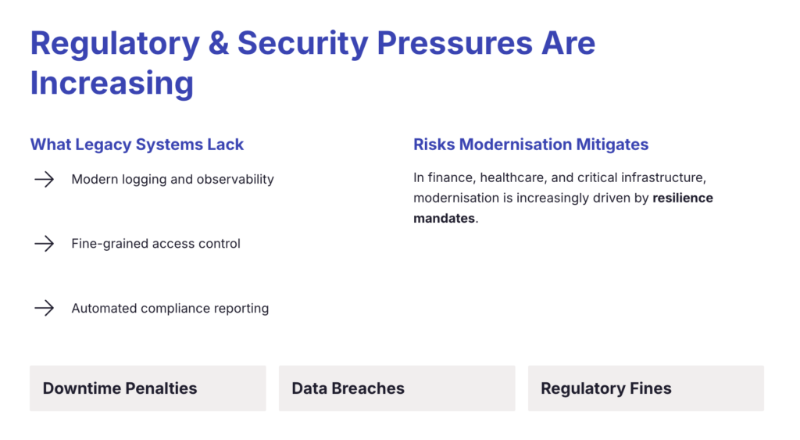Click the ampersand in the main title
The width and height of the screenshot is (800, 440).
(220, 44)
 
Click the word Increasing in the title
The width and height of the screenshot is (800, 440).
(112, 82)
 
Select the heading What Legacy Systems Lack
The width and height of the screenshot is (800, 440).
(137, 145)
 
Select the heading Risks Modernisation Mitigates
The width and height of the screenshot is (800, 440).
(530, 145)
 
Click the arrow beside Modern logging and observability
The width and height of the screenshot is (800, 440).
(44, 180)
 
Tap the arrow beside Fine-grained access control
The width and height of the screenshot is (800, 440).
(44, 244)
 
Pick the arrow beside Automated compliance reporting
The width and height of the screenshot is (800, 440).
(44, 308)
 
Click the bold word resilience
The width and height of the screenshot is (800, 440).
(683, 199)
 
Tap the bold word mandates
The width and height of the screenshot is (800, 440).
(444, 219)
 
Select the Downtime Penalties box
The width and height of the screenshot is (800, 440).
(148, 388)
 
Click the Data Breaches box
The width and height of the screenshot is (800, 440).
(397, 388)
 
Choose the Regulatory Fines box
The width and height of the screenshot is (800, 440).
(645, 388)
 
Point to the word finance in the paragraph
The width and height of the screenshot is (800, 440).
(448, 178)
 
